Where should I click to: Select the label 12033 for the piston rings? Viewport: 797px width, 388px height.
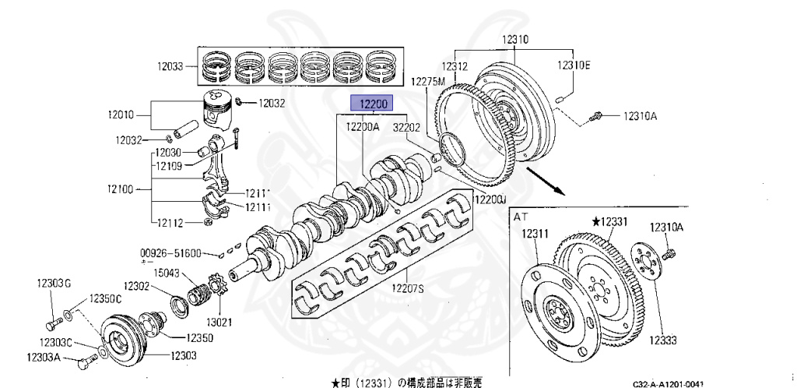coord(168,67)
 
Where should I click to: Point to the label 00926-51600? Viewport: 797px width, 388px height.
coord(170,253)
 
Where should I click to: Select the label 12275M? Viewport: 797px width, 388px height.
coord(428,82)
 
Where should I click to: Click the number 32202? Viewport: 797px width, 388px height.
coord(406,126)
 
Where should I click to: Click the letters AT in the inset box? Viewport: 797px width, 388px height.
coord(521,218)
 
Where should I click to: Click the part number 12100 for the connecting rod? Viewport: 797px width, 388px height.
coord(123,189)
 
